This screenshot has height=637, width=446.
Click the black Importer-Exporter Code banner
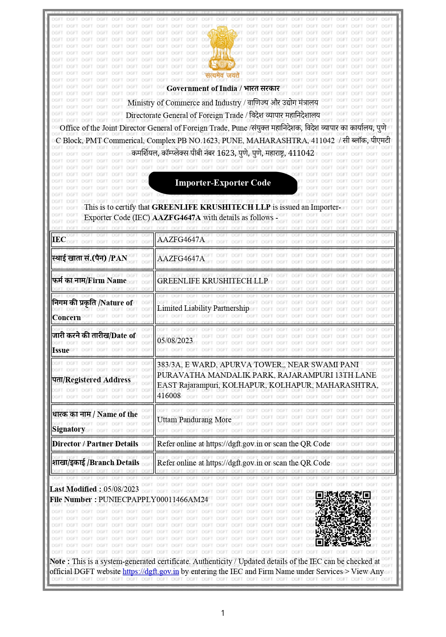223,183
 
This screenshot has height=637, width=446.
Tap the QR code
343,518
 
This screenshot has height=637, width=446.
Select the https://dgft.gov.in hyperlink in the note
151,572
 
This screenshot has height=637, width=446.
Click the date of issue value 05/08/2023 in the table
175,341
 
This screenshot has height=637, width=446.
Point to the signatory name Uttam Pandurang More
194,420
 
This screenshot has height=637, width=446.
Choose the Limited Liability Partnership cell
203,308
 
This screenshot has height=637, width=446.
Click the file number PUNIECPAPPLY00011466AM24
153,500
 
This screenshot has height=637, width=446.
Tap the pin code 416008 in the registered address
169,396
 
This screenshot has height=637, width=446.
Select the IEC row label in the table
59,240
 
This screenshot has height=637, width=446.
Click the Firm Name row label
89,281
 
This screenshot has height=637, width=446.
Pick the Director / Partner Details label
95,444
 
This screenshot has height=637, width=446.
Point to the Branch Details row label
96,463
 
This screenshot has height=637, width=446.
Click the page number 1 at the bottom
223,613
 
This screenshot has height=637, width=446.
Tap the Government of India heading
223,88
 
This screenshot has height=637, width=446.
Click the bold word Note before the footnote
58,561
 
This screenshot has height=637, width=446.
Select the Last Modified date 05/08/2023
121,489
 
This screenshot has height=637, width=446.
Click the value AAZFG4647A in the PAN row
181,259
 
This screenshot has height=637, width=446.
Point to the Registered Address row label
91,380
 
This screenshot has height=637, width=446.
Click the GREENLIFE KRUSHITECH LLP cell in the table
212,281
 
